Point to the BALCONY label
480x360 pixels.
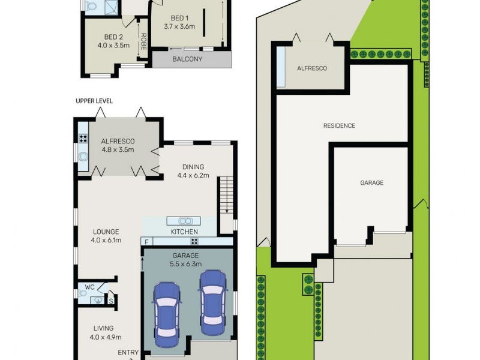[x=187, y=59]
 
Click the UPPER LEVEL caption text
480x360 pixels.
[x=94, y=101]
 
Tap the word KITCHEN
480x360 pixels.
[x=184, y=232]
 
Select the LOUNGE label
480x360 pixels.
[x=106, y=232]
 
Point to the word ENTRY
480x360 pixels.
[x=128, y=353]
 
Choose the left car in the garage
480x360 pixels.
[x=167, y=314]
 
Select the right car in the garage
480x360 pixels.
[x=212, y=302]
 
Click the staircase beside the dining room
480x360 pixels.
[x=226, y=194]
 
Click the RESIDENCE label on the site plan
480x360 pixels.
[x=339, y=126]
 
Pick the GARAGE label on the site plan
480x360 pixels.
[x=371, y=183]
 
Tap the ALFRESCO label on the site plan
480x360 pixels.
[x=312, y=69]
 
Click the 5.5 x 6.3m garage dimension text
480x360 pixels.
[x=186, y=263]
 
